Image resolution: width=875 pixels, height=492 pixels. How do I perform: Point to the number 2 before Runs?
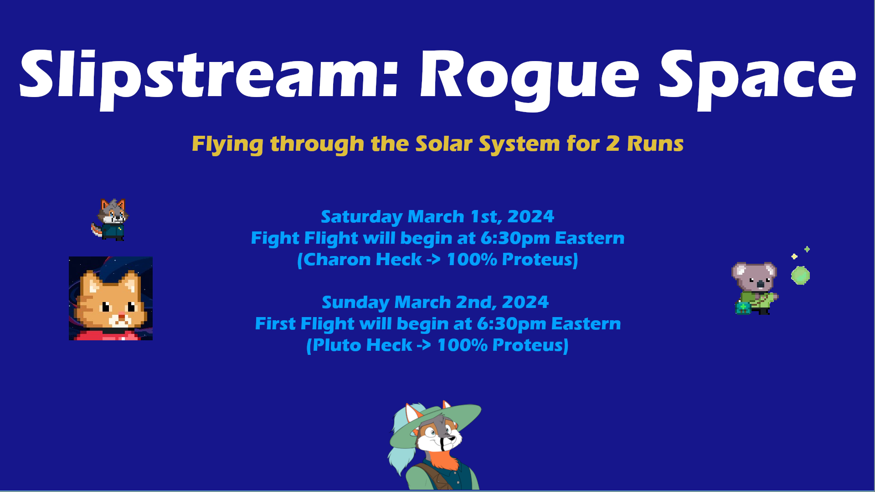612,143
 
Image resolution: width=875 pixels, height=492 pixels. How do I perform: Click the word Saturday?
361,217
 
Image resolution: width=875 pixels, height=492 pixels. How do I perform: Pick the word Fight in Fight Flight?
275,238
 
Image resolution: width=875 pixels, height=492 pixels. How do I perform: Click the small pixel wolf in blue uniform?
110,220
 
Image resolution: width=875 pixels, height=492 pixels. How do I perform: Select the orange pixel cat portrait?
111,298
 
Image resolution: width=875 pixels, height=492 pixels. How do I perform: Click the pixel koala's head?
754,277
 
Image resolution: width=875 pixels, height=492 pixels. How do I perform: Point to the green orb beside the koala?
800,276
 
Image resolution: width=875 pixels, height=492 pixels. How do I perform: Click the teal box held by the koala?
743,308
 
